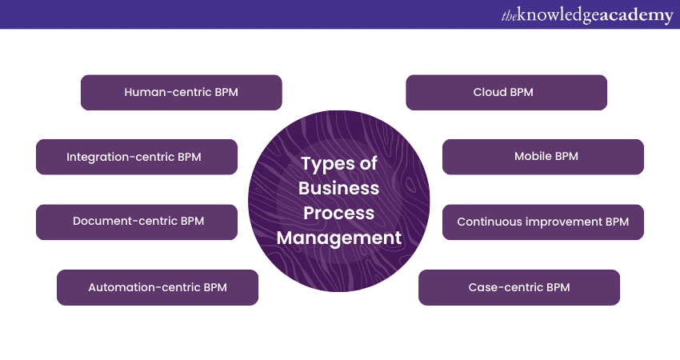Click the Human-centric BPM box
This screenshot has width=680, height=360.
coord(181,92)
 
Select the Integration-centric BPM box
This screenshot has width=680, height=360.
coord(137,157)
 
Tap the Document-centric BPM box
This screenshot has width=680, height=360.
coord(137,222)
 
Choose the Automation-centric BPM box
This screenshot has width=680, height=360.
coord(158,287)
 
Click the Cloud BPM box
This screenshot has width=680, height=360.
coord(506,92)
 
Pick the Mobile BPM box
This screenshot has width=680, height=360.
coord(543,157)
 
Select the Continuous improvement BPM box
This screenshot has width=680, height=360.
coord(543,222)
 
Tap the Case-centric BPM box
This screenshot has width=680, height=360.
coord(519,287)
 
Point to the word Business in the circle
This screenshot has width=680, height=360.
coord(338,188)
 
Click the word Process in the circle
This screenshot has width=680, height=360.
coord(338,213)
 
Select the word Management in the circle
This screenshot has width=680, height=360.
coord(338,238)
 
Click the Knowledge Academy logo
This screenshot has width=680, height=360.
coord(587,15)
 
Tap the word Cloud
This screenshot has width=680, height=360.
coord(490,92)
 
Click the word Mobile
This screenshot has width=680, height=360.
coord(531,157)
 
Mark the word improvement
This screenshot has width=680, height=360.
coord(562,222)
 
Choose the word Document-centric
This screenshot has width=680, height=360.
coord(124,222)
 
